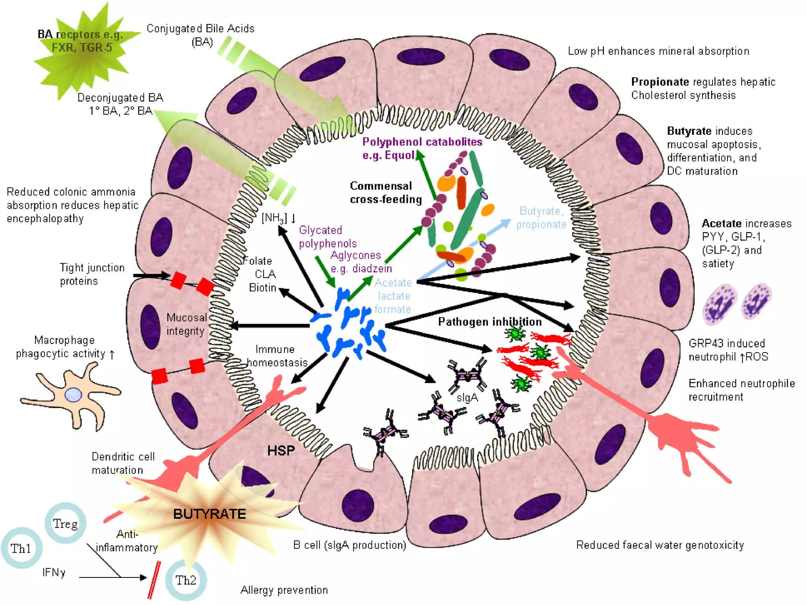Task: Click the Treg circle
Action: (x=65, y=523)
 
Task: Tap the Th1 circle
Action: (x=21, y=548)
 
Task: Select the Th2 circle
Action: (x=186, y=580)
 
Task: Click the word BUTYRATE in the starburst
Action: (x=209, y=514)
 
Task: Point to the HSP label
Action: (x=281, y=450)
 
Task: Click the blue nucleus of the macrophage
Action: (x=73, y=395)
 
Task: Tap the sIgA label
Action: (x=467, y=398)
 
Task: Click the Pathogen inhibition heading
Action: (x=489, y=322)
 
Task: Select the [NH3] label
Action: (x=274, y=218)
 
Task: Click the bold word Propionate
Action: (x=660, y=82)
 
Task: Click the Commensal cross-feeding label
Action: (x=385, y=193)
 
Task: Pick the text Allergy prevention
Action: (x=284, y=590)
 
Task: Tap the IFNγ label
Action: (x=54, y=572)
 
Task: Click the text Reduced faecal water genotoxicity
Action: (x=660, y=545)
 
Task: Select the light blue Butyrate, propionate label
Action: (x=541, y=217)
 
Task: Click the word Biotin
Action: (x=262, y=288)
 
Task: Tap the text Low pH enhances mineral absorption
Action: (x=658, y=51)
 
